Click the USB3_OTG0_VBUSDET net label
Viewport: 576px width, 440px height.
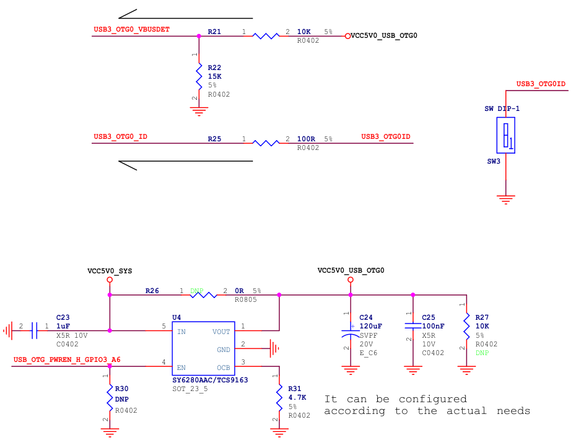coord(131,29)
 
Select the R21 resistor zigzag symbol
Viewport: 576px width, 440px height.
coord(266,36)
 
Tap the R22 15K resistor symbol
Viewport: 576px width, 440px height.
coord(198,77)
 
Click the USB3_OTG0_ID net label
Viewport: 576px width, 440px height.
coord(120,136)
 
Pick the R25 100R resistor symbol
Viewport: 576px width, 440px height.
coord(266,143)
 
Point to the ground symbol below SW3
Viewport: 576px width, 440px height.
coord(506,200)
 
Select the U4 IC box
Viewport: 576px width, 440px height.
coord(203,348)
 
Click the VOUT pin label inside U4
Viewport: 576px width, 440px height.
coord(221,332)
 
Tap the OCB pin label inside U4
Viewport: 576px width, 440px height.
coord(224,367)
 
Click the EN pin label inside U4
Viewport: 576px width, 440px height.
coord(181,367)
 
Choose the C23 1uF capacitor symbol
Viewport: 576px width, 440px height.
coord(34,330)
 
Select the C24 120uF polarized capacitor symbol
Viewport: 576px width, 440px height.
coord(351,330)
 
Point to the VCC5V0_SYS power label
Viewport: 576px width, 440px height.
coord(110,271)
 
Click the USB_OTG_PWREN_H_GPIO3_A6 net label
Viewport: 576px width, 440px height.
coord(67,359)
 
